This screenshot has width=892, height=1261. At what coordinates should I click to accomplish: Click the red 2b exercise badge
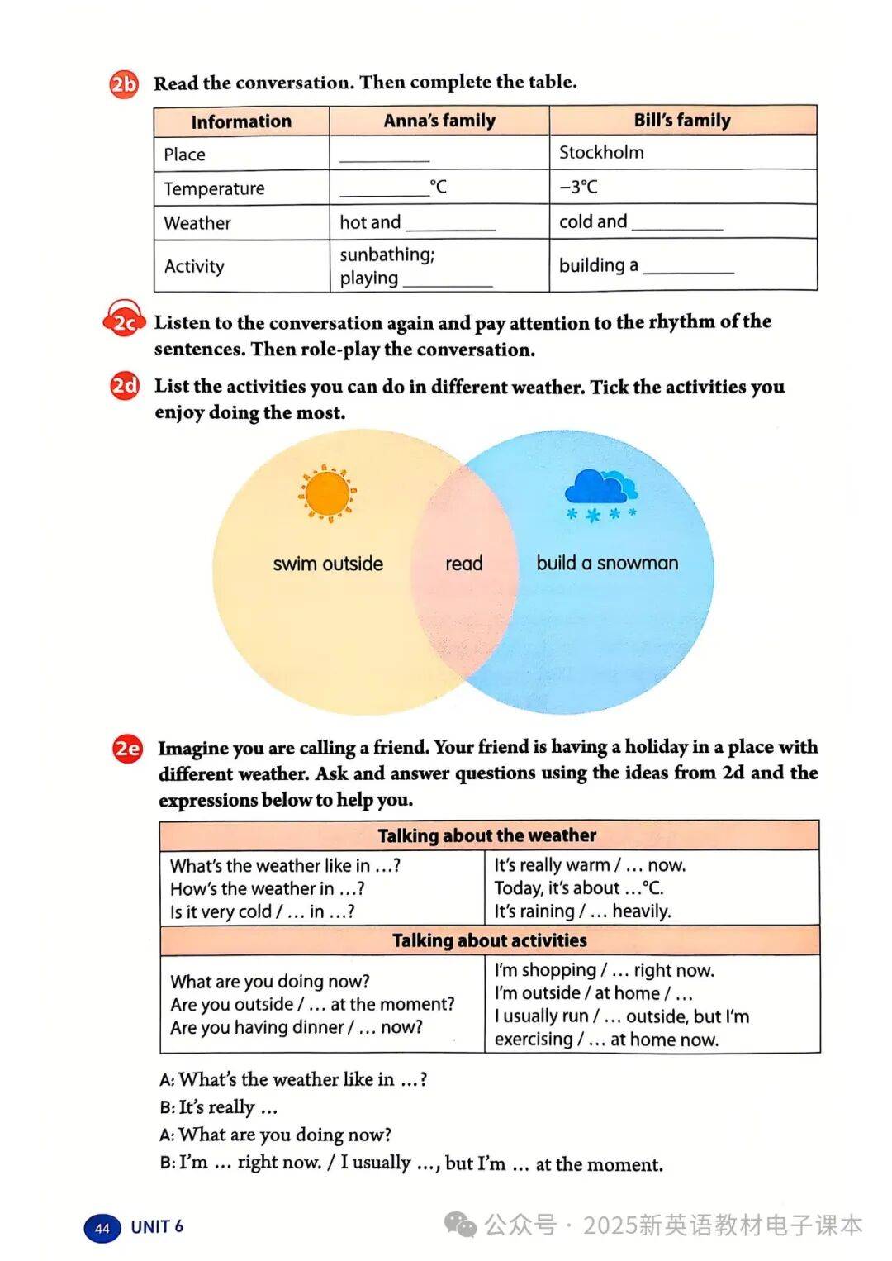click(124, 84)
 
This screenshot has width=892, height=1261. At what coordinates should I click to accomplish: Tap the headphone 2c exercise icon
click(123, 322)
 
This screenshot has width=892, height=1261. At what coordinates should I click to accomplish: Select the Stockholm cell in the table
click(601, 153)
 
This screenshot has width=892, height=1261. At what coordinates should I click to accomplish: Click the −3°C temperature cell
click(578, 188)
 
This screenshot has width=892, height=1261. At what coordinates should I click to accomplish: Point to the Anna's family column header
click(439, 121)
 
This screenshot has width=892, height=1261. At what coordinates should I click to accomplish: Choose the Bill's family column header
click(682, 121)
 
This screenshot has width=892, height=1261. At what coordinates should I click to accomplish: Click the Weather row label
click(197, 223)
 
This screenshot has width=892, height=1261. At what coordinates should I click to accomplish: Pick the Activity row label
click(194, 266)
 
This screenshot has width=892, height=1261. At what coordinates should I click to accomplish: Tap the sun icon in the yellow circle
click(327, 493)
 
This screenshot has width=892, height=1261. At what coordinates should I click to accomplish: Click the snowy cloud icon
click(600, 495)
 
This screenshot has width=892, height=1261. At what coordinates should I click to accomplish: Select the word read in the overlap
click(464, 564)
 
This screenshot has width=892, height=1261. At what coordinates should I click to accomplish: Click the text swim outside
click(328, 564)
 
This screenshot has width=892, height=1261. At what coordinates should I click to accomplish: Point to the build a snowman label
click(607, 563)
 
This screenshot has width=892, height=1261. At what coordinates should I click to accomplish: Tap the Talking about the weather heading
click(487, 835)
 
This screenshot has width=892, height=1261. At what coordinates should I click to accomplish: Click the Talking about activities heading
click(489, 940)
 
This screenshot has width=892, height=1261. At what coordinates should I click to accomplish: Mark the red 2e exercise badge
click(127, 749)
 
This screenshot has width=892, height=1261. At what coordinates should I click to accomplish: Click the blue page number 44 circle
click(102, 1228)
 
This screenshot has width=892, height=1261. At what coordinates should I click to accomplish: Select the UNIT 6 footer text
click(157, 1227)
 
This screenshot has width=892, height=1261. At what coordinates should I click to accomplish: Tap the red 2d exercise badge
click(125, 387)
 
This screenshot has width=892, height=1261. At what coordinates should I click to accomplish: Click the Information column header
click(241, 121)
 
